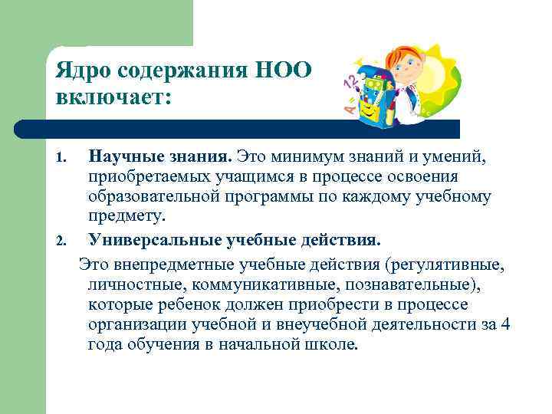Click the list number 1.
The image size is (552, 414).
(62, 158)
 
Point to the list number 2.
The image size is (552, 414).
(62, 242)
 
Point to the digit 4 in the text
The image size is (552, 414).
(504, 324)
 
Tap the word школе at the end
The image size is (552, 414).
(335, 345)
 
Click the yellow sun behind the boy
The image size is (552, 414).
(445, 69)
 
